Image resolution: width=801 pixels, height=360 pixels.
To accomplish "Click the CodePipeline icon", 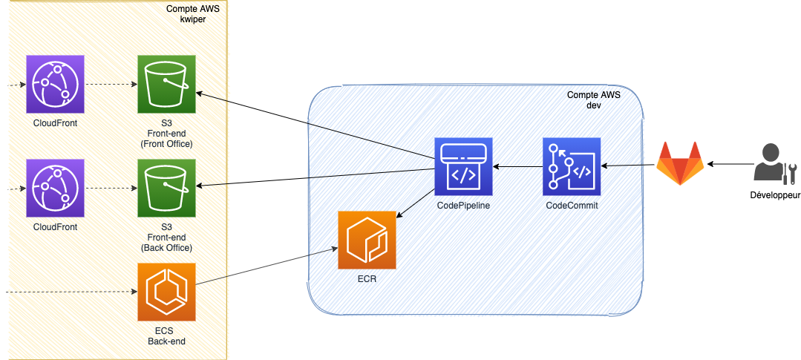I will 464,166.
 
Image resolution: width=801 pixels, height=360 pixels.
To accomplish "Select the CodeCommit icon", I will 572,166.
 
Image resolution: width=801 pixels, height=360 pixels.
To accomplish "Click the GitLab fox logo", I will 680,163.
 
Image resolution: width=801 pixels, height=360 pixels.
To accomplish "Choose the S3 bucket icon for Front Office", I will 166,84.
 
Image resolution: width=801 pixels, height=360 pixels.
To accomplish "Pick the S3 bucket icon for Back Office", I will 166,187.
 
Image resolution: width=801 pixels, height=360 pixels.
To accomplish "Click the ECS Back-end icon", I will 166,292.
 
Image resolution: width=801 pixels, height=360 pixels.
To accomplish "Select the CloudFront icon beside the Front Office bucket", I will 56,84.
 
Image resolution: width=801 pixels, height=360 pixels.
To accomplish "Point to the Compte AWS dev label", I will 594,100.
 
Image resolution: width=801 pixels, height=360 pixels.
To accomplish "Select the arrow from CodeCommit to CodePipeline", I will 518,166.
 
